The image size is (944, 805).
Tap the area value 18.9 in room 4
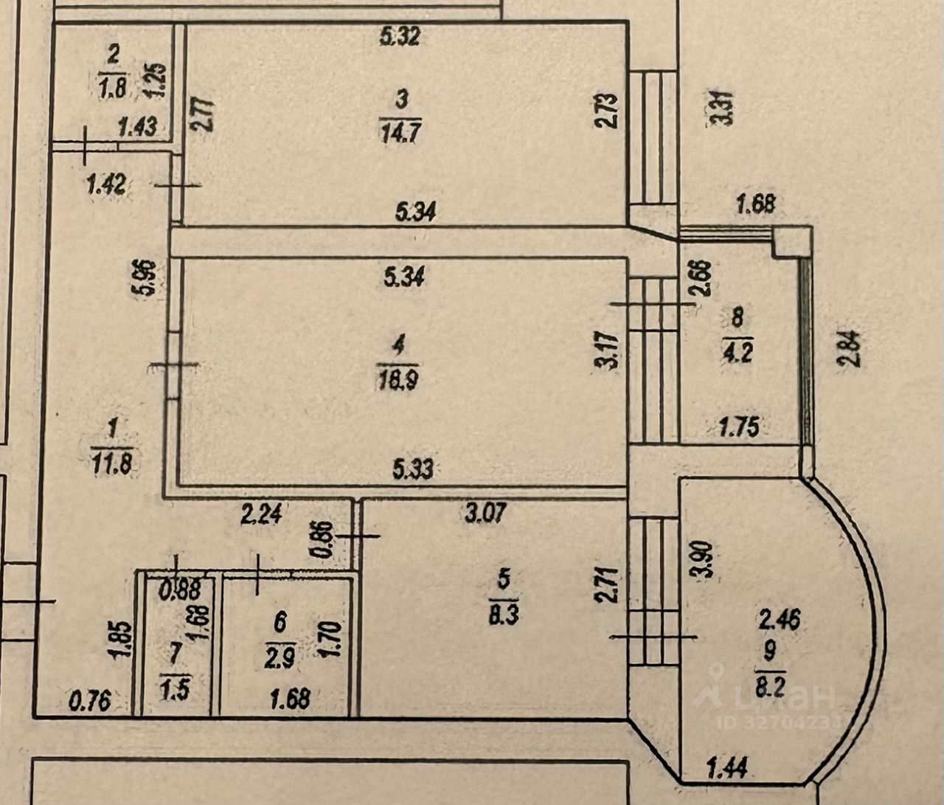click(398, 379)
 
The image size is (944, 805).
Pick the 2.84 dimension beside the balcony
click(848, 349)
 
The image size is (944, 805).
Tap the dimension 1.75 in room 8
click(740, 427)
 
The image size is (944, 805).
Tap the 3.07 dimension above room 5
click(485, 512)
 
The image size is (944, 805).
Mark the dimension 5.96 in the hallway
click(149, 277)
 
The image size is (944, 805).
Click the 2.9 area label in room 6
click(280, 657)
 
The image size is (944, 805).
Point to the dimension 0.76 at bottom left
click(91, 699)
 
